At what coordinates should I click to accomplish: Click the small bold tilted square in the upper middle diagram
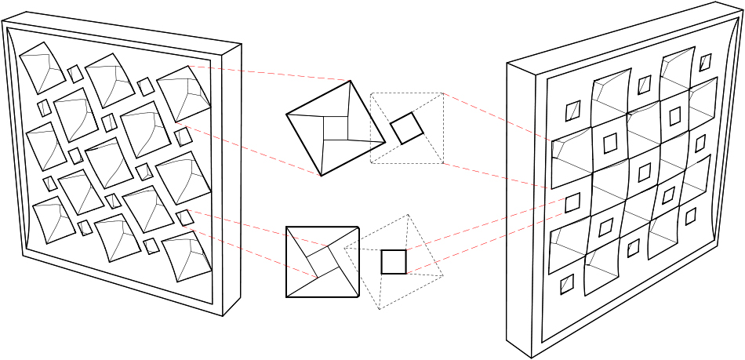[407, 128]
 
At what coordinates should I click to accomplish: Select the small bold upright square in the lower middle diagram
[394, 261]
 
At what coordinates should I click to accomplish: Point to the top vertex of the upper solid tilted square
[350, 81]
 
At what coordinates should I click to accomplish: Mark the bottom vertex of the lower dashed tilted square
[380, 309]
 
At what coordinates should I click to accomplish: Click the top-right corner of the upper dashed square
[443, 94]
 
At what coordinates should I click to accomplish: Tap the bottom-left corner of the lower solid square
[287, 296]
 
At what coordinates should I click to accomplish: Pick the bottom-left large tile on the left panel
[49, 218]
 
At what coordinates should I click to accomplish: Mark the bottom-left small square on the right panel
[566, 284]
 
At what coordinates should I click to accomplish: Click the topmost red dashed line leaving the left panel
[267, 73]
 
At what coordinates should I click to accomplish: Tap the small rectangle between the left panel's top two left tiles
[74, 74]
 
